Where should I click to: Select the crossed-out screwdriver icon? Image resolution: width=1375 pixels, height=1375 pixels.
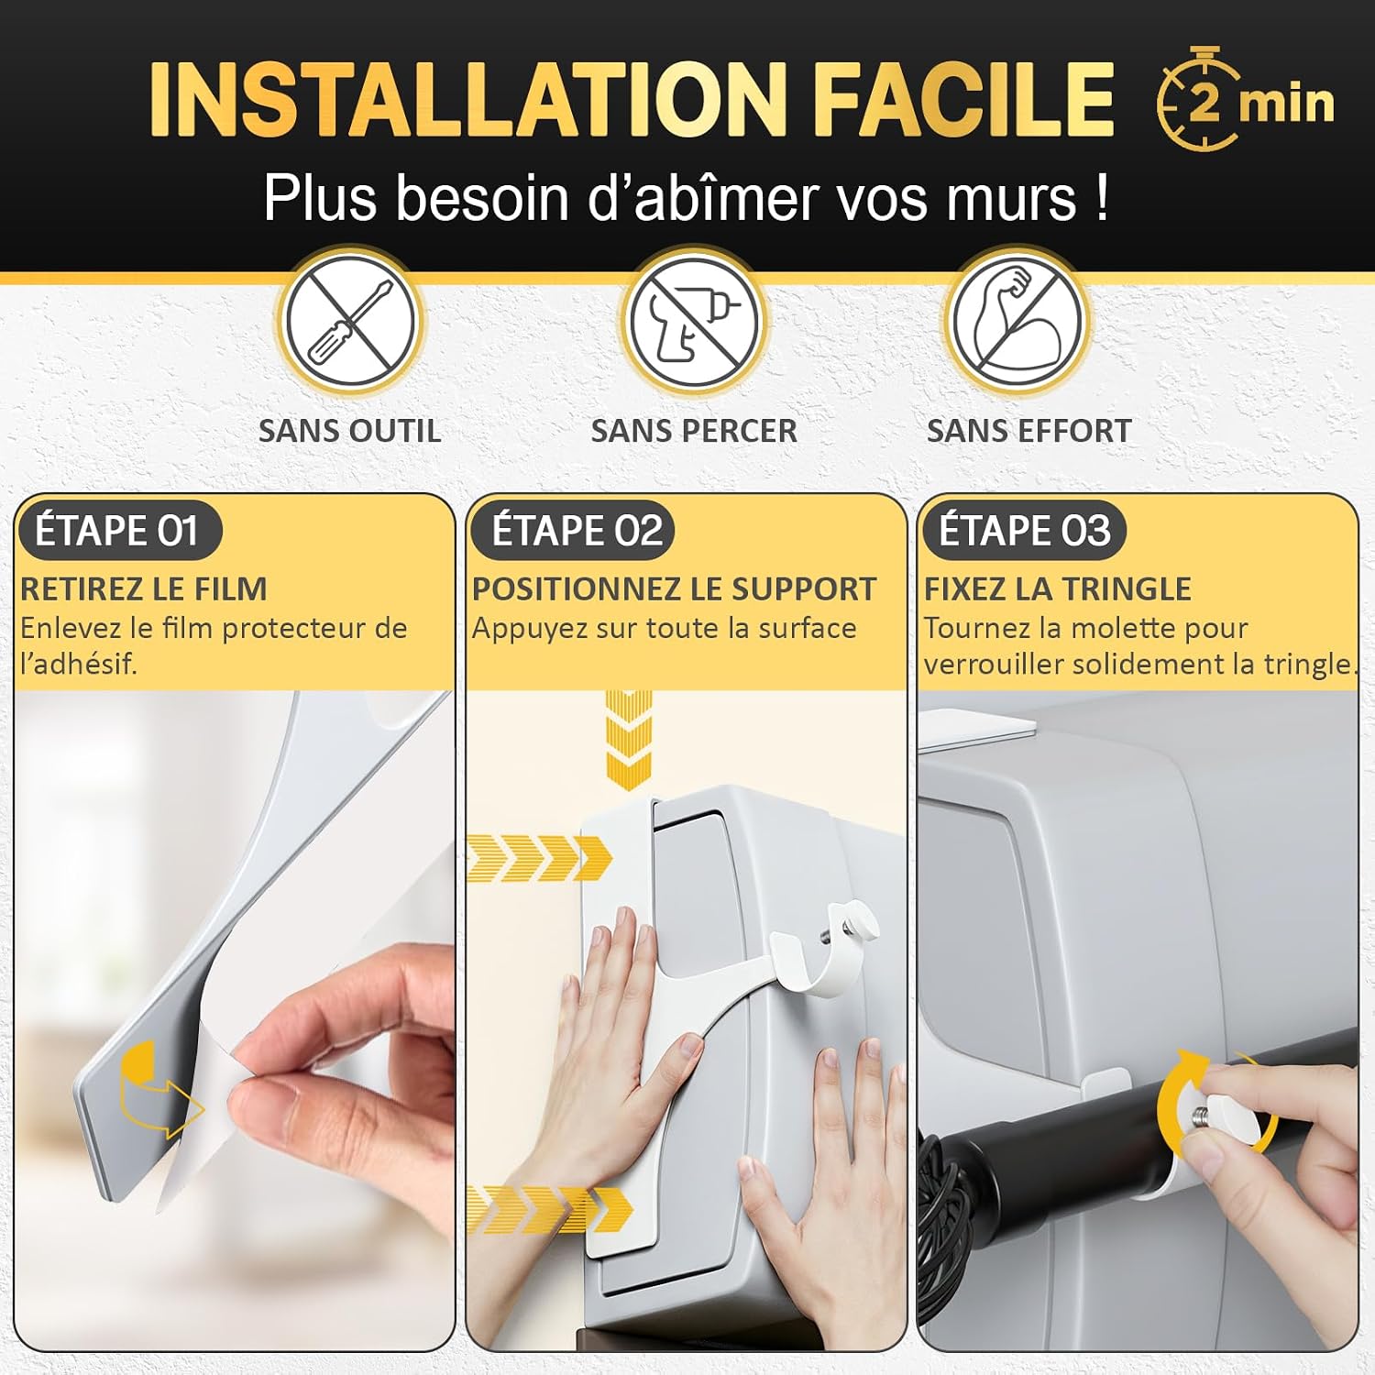pyautogui.click(x=350, y=322)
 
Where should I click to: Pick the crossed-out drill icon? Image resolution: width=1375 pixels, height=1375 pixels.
pyautogui.click(x=693, y=322)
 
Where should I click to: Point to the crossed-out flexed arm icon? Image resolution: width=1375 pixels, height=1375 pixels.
pyautogui.click(x=1017, y=322)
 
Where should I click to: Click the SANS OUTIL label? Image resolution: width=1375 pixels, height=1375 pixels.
pyautogui.click(x=349, y=431)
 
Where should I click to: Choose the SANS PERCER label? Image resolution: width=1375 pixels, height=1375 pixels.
pyautogui.click(x=694, y=431)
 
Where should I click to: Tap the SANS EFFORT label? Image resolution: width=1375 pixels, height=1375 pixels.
pyautogui.click(x=1029, y=431)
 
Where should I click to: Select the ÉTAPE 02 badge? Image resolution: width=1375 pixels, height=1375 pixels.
pyautogui.click(x=574, y=531)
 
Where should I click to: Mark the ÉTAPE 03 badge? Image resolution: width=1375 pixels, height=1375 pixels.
pyautogui.click(x=1024, y=531)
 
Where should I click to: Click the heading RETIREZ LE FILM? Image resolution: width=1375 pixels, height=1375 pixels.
pyautogui.click(x=144, y=588)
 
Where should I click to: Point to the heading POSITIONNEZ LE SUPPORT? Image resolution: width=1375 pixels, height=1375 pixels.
pyautogui.click(x=675, y=588)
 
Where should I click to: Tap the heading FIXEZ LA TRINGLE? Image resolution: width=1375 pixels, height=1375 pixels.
pyautogui.click(x=1058, y=588)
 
